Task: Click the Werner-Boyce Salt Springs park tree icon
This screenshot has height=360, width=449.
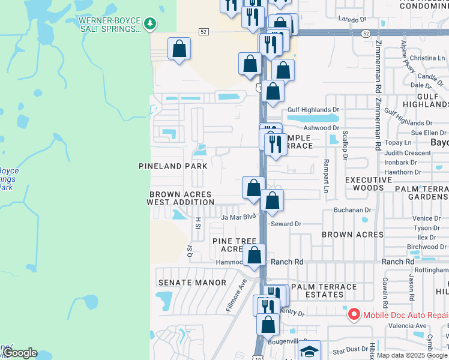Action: coord(150,24)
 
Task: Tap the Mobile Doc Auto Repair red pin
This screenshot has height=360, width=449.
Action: coord(354,314)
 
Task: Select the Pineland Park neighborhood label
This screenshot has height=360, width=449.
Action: coord(173,166)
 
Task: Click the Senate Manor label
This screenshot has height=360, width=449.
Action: coord(184,282)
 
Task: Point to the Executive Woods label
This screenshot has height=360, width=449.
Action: coord(369,184)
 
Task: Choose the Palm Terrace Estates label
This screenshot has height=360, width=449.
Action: coord(324,291)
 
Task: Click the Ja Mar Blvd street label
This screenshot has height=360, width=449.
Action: coord(238,217)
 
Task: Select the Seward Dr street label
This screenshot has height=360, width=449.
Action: coord(286,224)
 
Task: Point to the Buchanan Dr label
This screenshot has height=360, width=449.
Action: coord(354,210)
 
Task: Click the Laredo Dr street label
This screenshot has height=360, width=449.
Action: coord(352,19)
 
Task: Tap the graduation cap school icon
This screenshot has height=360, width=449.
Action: coord(309,351)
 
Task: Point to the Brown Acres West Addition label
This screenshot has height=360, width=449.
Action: coord(180,198)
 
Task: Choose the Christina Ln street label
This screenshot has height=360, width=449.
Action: coord(427,58)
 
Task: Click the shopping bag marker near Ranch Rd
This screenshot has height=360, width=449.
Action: coord(255,254)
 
